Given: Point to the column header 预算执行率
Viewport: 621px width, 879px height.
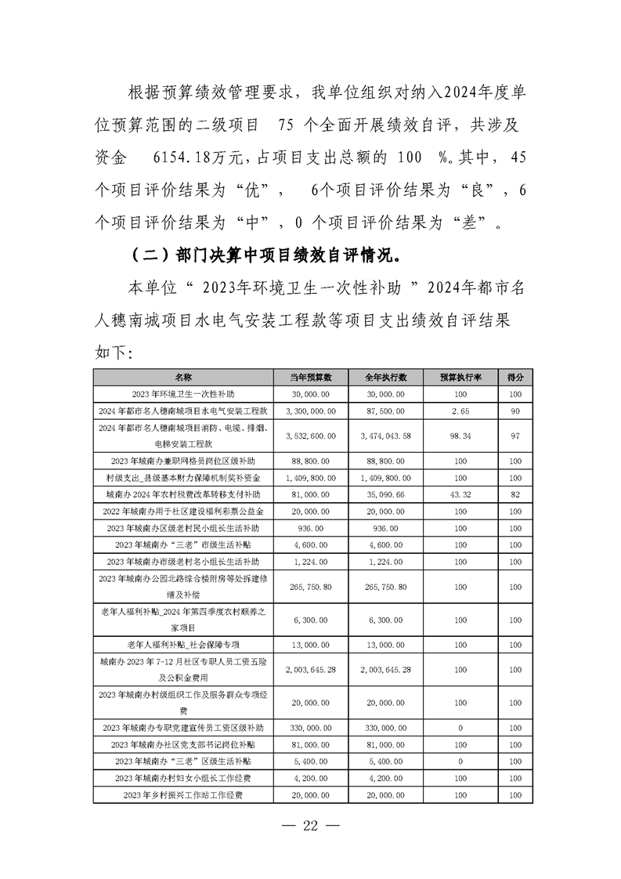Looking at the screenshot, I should point(460,377).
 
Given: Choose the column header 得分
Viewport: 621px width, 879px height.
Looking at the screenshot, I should point(514,377).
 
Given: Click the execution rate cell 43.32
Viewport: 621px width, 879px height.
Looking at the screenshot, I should point(460,495).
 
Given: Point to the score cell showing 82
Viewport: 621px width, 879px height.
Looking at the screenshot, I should point(514,495).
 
